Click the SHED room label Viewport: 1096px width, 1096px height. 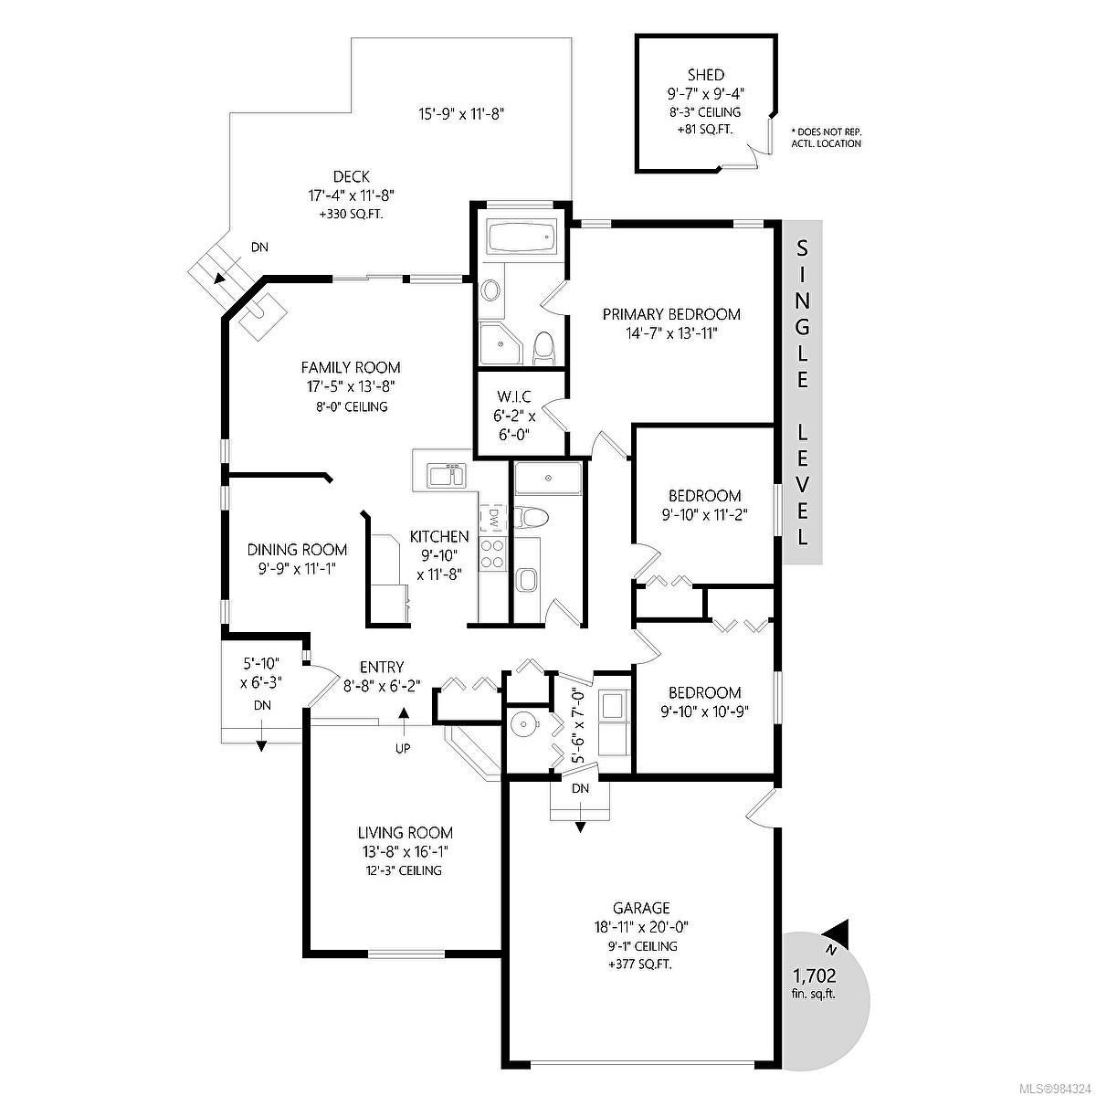click(706, 75)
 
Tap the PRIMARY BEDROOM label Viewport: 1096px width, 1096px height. click(671, 314)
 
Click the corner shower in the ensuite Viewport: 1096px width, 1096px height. click(501, 343)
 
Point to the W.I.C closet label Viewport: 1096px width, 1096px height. click(514, 395)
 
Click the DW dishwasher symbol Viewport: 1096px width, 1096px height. click(493, 518)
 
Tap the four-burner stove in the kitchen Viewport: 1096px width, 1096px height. click(492, 553)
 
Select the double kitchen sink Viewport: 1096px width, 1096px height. click(447, 476)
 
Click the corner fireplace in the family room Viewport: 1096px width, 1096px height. click(262, 312)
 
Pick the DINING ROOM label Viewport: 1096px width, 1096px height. click(297, 550)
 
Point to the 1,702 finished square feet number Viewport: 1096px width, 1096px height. click(815, 976)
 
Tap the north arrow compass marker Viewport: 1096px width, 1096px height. click(838, 939)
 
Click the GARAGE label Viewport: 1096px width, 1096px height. click(641, 907)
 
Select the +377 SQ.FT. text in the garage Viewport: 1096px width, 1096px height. click(640, 964)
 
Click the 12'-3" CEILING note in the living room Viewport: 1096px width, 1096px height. click(405, 870)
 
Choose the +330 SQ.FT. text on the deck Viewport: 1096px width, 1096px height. click(351, 215)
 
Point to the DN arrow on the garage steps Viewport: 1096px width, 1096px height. click(581, 812)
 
